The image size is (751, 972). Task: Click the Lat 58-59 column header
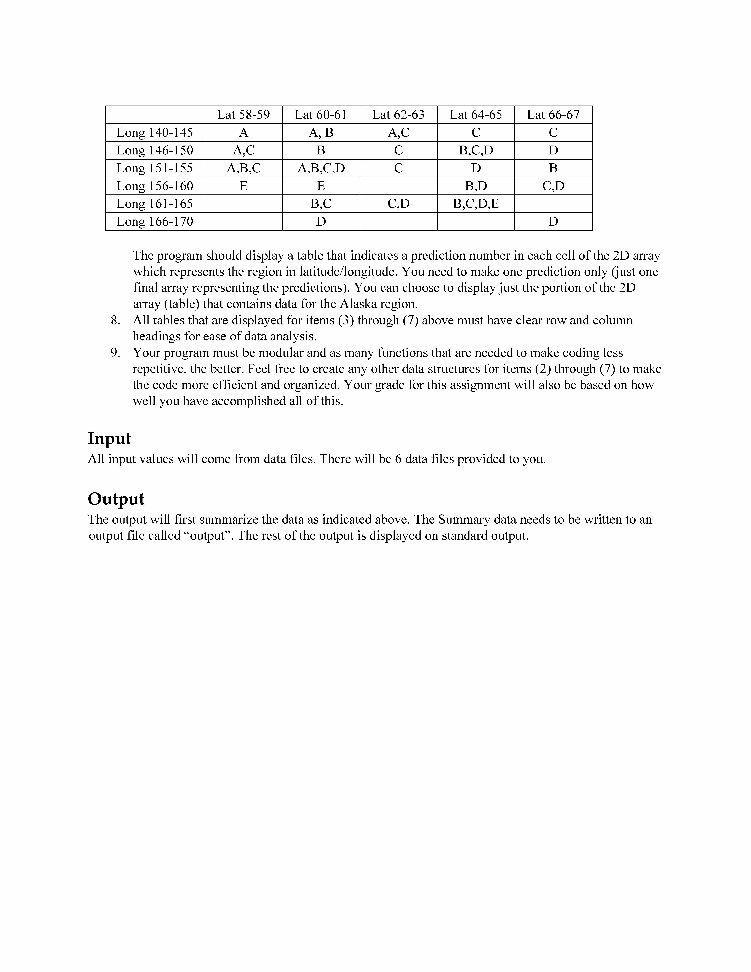click(243, 115)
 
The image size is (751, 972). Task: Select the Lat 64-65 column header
click(476, 115)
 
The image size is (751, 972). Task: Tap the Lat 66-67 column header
click(553, 115)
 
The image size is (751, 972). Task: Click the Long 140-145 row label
click(155, 133)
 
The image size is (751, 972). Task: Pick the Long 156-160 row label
click(155, 186)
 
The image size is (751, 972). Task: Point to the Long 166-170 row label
click(155, 222)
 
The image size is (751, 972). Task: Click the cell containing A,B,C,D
click(321, 168)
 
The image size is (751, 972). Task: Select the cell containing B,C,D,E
click(476, 204)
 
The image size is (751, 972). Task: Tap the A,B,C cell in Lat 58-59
click(243, 168)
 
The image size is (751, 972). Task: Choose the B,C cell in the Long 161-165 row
click(321, 204)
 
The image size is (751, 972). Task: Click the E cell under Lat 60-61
click(321, 186)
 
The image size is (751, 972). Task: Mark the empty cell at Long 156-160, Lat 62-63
click(398, 186)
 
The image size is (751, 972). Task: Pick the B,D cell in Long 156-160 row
click(476, 186)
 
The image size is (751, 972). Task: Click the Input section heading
click(109, 438)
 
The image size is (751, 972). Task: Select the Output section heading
click(116, 499)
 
